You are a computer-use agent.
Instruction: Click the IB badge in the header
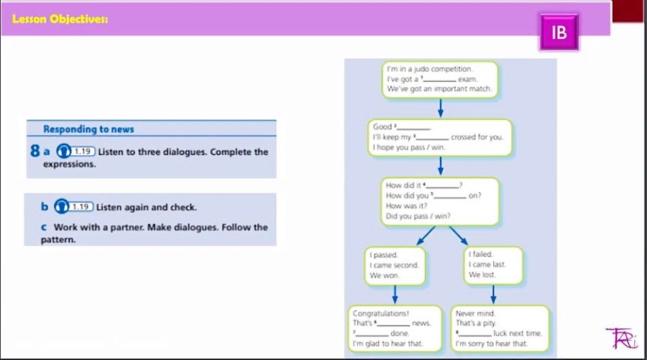click(559, 32)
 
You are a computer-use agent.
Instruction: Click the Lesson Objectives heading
click(60, 19)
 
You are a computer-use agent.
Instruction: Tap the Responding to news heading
click(88, 129)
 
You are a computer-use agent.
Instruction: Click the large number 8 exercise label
click(35, 152)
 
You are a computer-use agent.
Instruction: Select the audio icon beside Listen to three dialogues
click(63, 152)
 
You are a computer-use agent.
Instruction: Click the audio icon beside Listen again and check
click(63, 207)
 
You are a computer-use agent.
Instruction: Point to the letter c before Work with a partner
click(45, 227)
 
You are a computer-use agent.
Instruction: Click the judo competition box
click(440, 79)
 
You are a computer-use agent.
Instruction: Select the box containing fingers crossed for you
click(440, 137)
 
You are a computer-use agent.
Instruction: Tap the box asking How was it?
click(440, 200)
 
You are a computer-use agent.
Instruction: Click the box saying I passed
click(394, 265)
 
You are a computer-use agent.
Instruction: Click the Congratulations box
click(393, 329)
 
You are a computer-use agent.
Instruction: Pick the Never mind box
click(500, 329)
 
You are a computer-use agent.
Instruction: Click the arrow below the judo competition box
click(440, 108)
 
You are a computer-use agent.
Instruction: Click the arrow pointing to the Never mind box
click(493, 295)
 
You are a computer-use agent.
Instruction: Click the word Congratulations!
click(381, 313)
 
